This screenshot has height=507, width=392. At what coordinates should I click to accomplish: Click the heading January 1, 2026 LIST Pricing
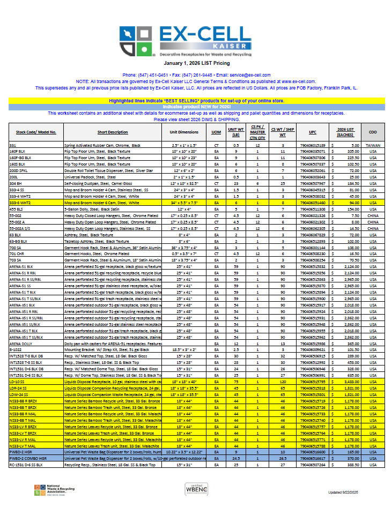point(196,63)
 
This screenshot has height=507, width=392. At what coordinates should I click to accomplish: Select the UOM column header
point(216,132)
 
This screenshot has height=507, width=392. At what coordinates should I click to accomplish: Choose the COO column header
point(372,132)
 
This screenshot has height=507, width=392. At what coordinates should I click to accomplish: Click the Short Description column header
point(113,132)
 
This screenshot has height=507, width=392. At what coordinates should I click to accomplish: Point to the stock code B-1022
point(16,349)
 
